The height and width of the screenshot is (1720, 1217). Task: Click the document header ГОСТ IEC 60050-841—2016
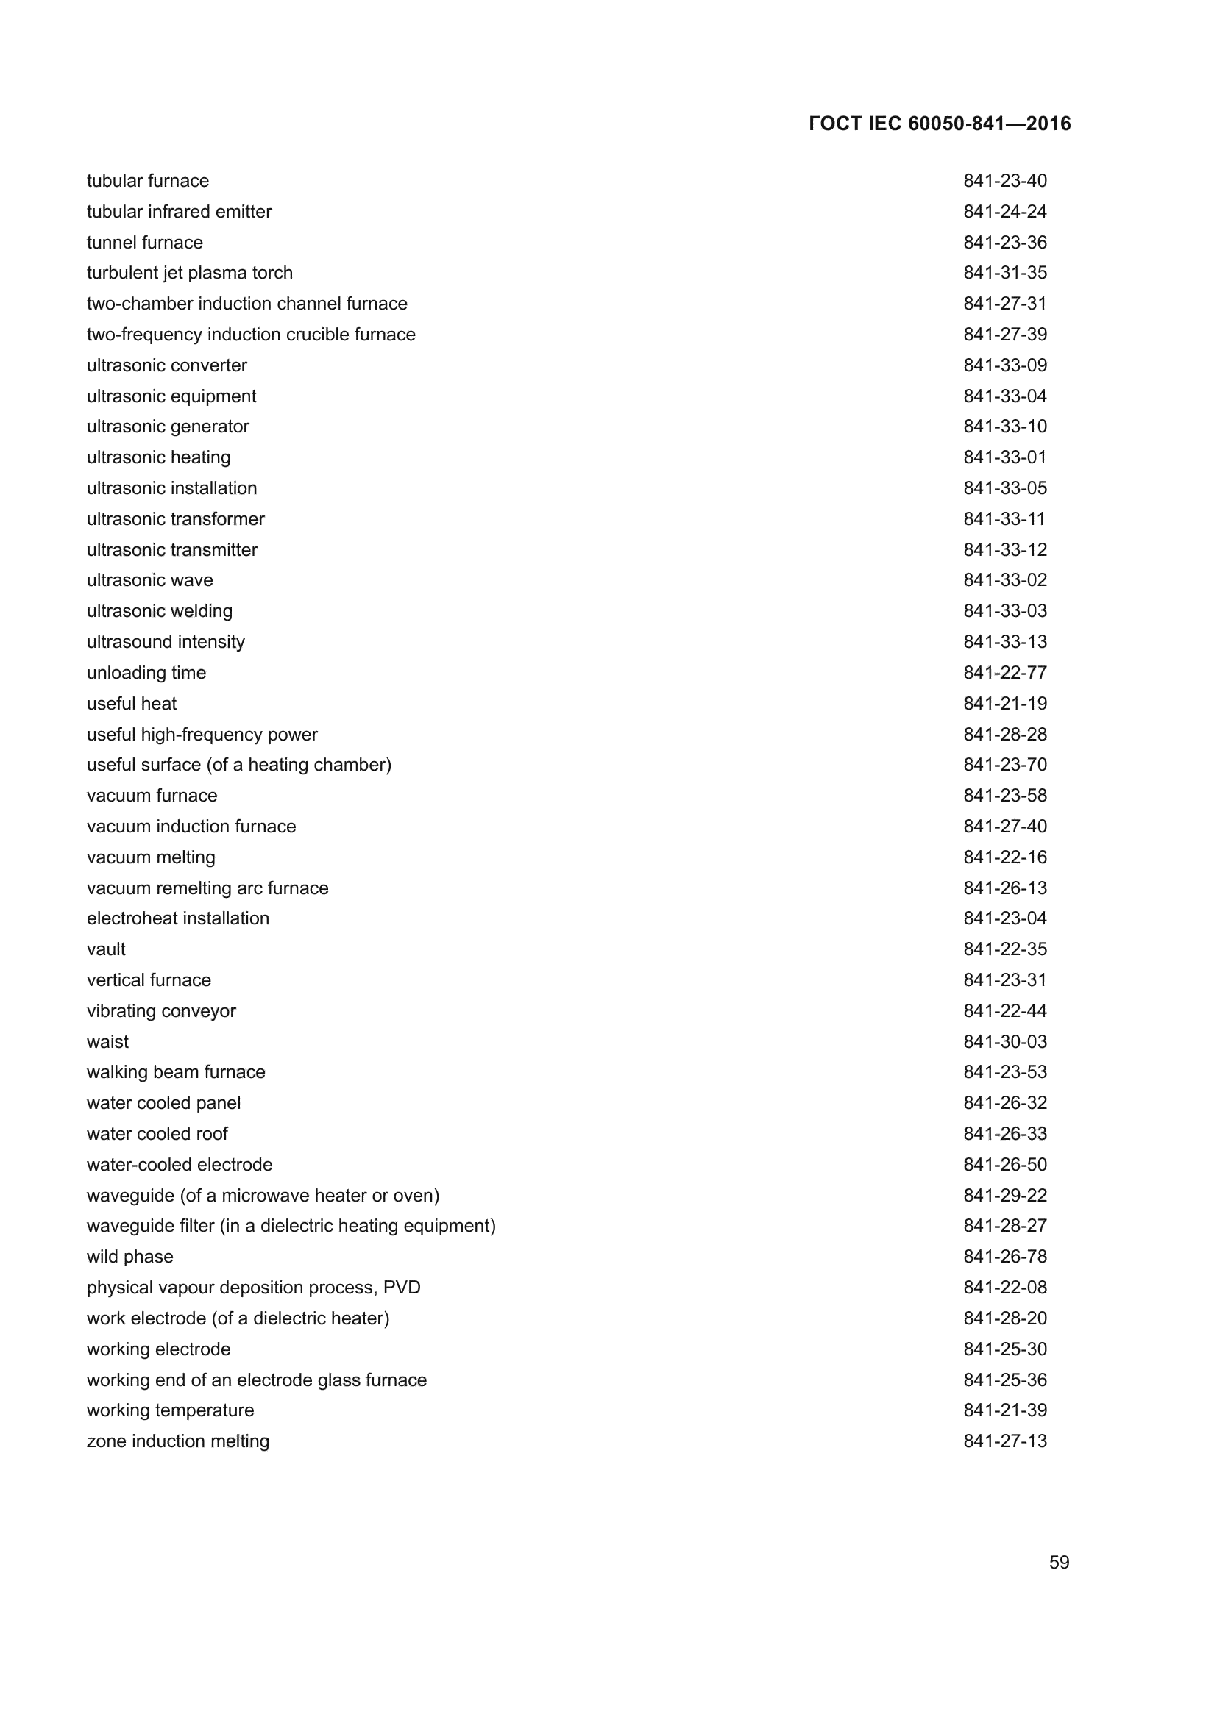click(940, 124)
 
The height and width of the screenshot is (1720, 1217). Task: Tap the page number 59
click(1059, 1562)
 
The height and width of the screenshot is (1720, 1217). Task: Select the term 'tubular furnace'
click(148, 181)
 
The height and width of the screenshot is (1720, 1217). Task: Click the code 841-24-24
click(1005, 211)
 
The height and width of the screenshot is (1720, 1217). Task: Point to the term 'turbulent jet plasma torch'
click(190, 273)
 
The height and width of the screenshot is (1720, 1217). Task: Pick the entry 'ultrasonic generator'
click(168, 427)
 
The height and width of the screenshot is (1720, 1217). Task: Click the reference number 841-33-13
click(1005, 642)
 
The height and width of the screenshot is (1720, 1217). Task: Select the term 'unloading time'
click(146, 673)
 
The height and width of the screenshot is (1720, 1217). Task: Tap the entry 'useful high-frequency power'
click(202, 734)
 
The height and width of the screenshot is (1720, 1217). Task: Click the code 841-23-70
click(1005, 765)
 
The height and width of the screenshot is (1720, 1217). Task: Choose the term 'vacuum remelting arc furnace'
click(207, 888)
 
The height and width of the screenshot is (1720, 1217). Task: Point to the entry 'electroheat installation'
click(177, 918)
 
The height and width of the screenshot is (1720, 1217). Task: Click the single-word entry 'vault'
click(107, 949)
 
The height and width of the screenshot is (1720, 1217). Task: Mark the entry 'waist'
click(108, 1041)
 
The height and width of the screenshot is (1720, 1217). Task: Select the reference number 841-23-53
click(1005, 1072)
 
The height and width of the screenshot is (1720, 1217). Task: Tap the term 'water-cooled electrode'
click(179, 1164)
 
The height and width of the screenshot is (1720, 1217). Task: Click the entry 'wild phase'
click(129, 1256)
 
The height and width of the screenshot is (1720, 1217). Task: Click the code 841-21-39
click(1005, 1410)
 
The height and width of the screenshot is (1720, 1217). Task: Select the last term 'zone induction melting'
click(177, 1441)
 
